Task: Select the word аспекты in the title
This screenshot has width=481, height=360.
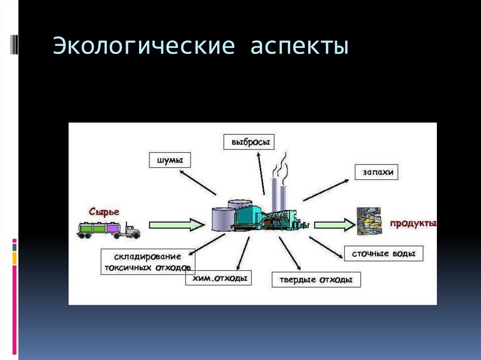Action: coord(299,47)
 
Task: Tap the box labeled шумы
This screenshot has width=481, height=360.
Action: coord(166,161)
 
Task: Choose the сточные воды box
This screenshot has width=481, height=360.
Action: coord(383,254)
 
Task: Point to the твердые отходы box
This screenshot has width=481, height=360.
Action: coord(316,280)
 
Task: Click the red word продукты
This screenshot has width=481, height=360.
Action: coord(411,223)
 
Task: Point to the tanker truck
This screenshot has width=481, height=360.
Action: coord(109,230)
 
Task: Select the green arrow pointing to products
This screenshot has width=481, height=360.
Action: coord(334,225)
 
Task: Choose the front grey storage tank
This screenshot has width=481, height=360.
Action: coord(222,219)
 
